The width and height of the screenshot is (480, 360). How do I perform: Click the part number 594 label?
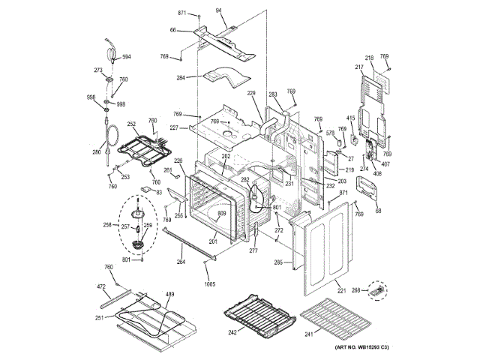[127, 57]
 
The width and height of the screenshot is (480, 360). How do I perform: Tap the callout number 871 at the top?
[181, 14]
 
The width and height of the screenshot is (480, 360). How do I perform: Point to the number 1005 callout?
[209, 285]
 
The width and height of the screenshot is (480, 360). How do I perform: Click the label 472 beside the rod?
[101, 286]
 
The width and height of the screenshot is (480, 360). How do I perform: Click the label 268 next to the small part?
[356, 290]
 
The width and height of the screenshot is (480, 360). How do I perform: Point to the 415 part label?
[350, 118]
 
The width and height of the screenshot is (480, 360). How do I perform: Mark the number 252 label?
[130, 124]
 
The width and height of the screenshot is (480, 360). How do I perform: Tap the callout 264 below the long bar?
[181, 262]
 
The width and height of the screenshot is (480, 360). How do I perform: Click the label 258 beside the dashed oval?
[106, 225]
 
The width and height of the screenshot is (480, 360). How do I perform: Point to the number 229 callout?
[251, 92]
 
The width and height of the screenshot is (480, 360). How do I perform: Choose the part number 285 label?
[278, 262]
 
